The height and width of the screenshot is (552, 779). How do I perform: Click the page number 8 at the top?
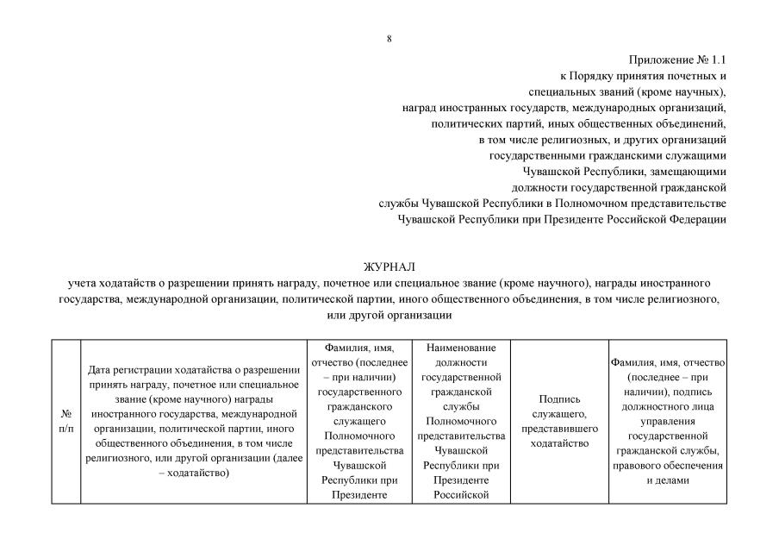(389, 39)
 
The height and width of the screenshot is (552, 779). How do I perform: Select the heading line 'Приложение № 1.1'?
(678, 60)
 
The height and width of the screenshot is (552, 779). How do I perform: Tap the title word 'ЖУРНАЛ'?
(389, 267)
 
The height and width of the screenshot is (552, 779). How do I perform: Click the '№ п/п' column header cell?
(65, 421)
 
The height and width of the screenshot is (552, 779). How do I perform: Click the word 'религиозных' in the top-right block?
(597, 139)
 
